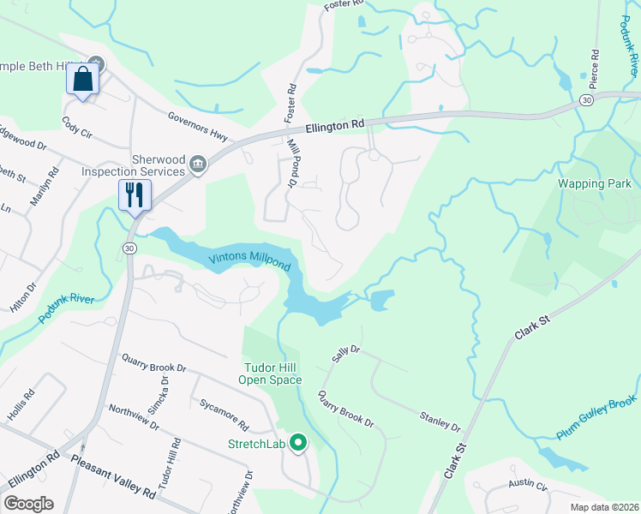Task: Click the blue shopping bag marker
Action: click(82, 81)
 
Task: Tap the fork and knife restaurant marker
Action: click(135, 194)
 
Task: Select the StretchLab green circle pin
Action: click(298, 443)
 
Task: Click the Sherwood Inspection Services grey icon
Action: click(198, 164)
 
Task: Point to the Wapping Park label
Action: click(594, 184)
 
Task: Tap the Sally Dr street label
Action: click(344, 355)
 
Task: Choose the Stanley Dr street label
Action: click(440, 421)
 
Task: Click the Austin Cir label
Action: click(527, 483)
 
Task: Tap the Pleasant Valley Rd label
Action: click(113, 478)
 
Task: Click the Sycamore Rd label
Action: click(224, 413)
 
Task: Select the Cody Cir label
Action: click(76, 129)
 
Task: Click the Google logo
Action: click(28, 504)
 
